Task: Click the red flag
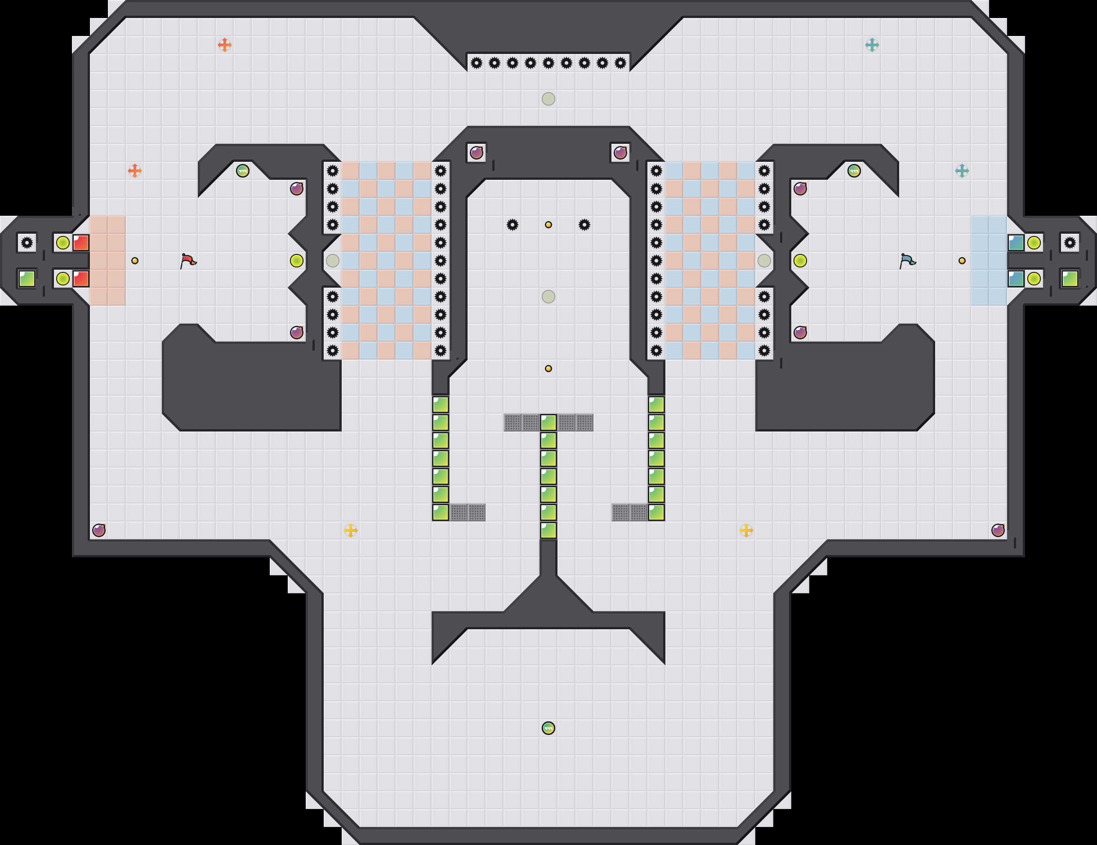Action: click(x=188, y=261)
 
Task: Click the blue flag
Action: click(x=907, y=261)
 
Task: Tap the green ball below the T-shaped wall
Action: click(x=548, y=728)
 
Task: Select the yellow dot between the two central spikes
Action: click(x=548, y=225)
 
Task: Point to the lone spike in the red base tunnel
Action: click(x=27, y=243)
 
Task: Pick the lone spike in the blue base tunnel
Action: click(x=1070, y=243)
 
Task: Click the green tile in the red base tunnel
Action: click(x=27, y=279)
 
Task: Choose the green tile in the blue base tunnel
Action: click(x=1070, y=279)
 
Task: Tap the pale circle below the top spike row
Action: click(x=548, y=99)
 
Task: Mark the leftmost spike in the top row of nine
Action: click(x=476, y=63)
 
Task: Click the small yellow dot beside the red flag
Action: click(x=134, y=261)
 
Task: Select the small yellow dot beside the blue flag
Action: click(x=962, y=261)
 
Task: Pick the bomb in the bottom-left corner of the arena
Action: click(x=99, y=530)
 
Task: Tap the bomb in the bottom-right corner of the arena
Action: click(x=998, y=530)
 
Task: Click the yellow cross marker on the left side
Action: click(x=351, y=530)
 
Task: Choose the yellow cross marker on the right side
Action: click(x=746, y=530)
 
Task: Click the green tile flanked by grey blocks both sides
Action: click(x=548, y=422)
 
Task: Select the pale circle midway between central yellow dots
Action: click(x=548, y=297)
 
